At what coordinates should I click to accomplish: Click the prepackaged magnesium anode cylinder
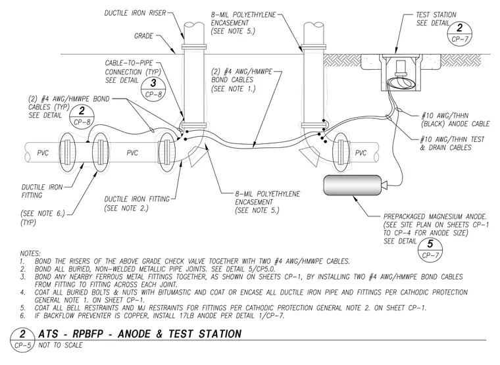click(x=353, y=185)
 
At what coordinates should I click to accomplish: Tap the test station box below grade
click(x=402, y=72)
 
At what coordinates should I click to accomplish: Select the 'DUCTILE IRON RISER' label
click(x=136, y=13)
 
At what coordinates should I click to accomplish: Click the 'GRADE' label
click(x=143, y=36)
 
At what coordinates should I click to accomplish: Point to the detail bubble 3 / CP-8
click(x=153, y=89)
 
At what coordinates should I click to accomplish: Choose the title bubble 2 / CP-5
click(x=22, y=339)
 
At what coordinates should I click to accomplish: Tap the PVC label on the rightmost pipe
click(x=361, y=153)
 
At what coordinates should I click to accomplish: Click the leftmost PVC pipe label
click(x=43, y=153)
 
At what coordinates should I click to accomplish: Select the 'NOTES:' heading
click(x=30, y=254)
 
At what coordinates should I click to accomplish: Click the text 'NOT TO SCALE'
click(x=61, y=345)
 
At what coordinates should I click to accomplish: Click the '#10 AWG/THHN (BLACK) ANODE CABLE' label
click(x=455, y=120)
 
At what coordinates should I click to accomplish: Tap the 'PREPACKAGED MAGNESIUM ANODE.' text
click(x=435, y=216)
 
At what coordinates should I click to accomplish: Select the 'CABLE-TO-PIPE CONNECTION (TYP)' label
click(x=133, y=68)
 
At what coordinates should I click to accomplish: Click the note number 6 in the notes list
click(x=22, y=316)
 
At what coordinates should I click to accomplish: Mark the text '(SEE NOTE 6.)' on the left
click(x=43, y=213)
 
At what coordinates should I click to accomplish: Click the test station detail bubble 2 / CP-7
click(x=459, y=33)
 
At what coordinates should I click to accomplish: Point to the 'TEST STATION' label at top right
click(x=436, y=14)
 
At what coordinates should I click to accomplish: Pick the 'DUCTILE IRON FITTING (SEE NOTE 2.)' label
click(x=137, y=204)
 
